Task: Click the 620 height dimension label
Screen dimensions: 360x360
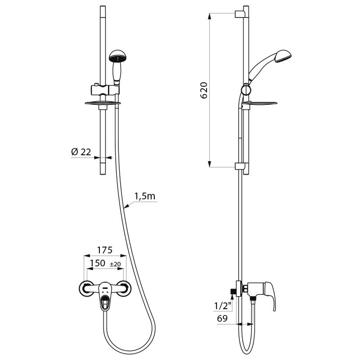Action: [204, 90]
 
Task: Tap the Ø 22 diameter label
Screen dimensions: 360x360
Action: [81, 152]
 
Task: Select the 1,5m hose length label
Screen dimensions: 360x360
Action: [144, 196]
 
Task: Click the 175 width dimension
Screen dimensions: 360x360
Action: [104, 250]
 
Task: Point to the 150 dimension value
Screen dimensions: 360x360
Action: [97, 263]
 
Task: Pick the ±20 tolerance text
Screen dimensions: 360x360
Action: [116, 264]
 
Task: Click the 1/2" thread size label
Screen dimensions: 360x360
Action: [223, 306]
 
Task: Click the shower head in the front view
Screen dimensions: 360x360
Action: [118, 57]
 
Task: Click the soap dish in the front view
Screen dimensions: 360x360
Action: [103, 103]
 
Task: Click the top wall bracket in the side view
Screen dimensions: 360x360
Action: [241, 13]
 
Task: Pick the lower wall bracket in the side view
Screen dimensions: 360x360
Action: [241, 166]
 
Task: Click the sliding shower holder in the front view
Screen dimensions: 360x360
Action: [103, 88]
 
